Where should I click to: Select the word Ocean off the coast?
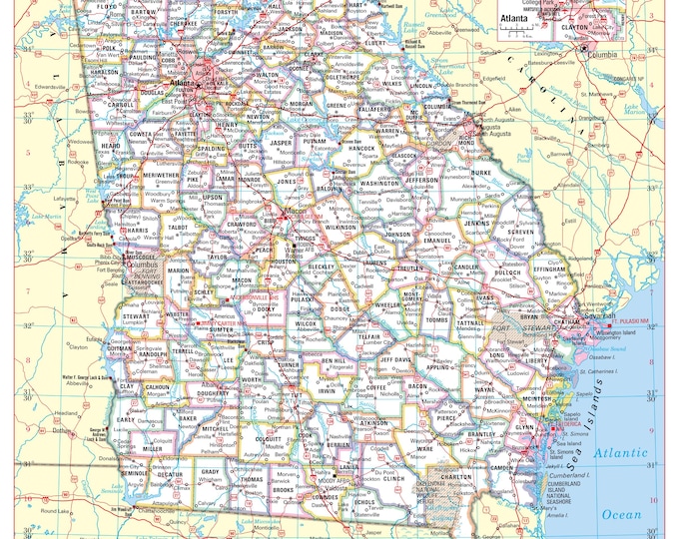pos(622,514)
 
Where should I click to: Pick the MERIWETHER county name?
pos(163,176)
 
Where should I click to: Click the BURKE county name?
pos(480,172)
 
